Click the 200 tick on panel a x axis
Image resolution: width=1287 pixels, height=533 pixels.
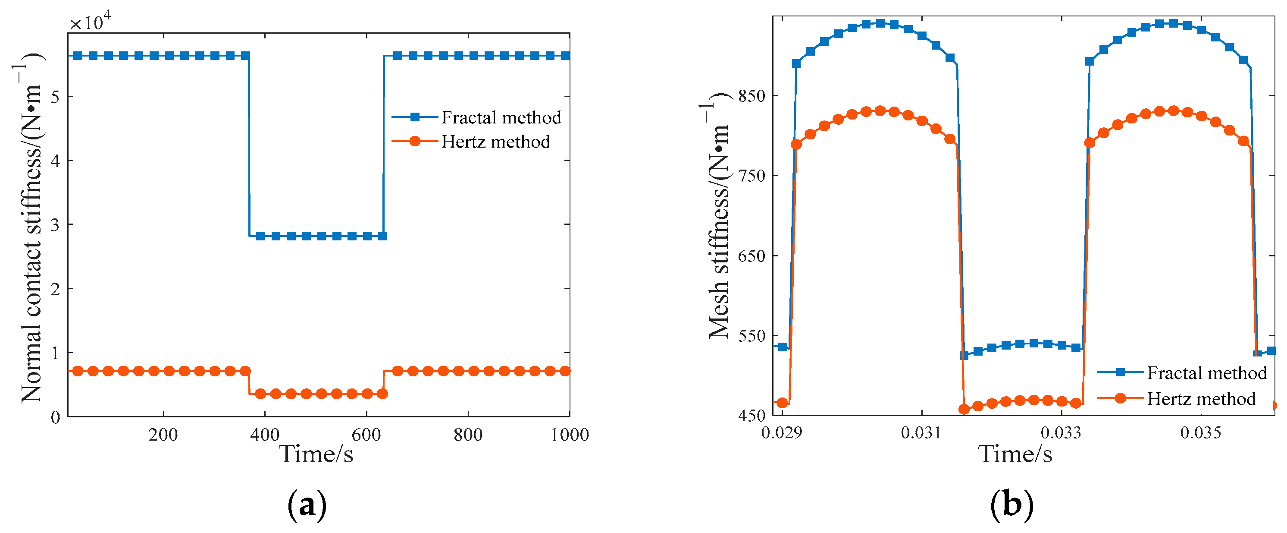[x=163, y=435]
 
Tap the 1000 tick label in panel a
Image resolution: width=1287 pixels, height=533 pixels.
[x=570, y=435]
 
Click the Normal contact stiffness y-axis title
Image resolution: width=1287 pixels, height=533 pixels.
[x=31, y=227]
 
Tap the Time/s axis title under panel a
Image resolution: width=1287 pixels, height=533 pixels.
[x=316, y=454]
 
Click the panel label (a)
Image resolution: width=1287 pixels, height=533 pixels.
[x=307, y=505]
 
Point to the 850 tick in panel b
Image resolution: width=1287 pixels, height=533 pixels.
[x=752, y=96]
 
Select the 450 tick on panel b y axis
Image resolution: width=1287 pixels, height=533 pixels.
[x=752, y=416]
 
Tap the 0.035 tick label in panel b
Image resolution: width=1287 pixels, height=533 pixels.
[x=1200, y=432]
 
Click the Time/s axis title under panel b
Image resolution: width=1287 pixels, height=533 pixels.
[x=1015, y=454]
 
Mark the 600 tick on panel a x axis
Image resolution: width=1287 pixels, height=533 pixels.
[x=366, y=435]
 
